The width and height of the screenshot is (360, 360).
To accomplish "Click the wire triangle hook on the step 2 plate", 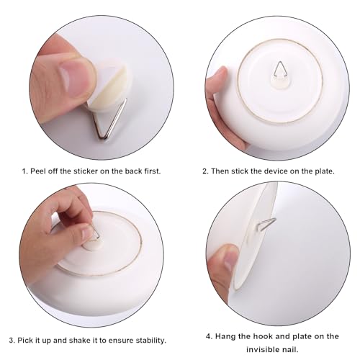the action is tap(280, 70).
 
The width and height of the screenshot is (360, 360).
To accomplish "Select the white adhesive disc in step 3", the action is tap(92, 246).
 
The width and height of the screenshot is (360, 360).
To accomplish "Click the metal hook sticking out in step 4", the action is tap(266, 224).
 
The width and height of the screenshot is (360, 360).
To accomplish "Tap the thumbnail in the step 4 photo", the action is tap(229, 261).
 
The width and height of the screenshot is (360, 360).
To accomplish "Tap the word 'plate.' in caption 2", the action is tap(325, 171).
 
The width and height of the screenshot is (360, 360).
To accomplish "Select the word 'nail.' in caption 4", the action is tap(289, 349).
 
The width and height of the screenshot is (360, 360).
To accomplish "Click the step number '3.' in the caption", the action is tap(12, 341).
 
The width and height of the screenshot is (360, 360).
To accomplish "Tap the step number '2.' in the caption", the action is tap(206, 171).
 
